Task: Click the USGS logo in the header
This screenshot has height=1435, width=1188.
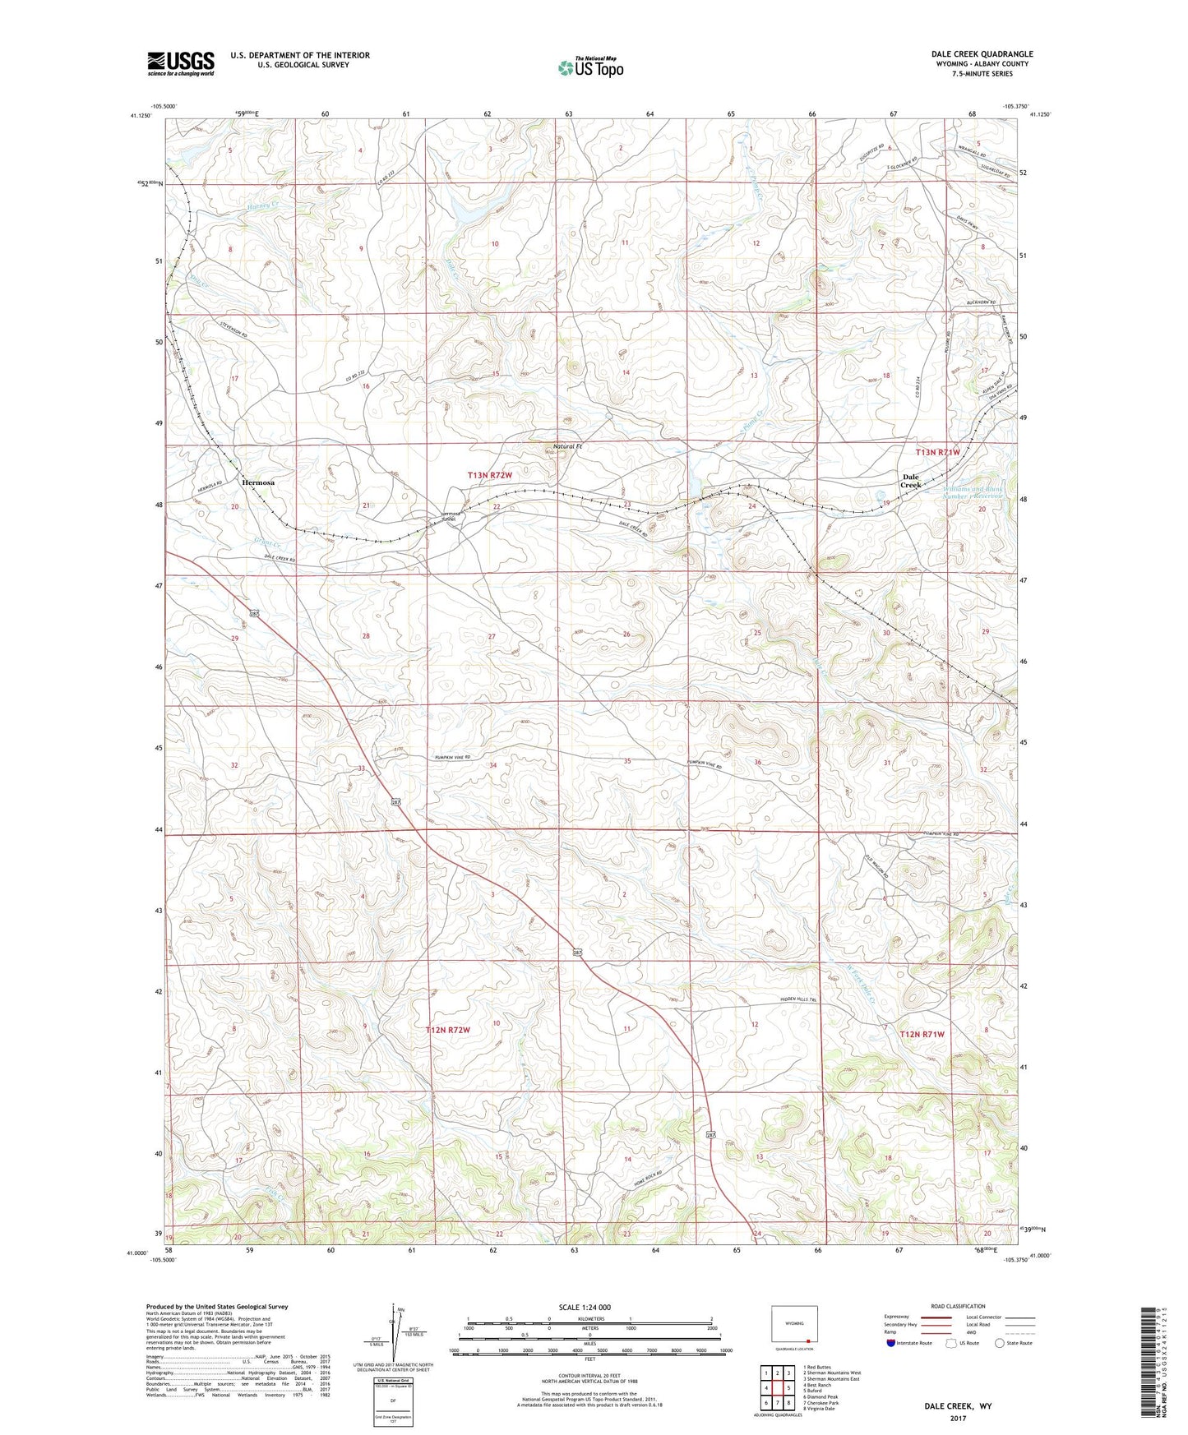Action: click(181, 63)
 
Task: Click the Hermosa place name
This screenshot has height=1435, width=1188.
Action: click(258, 482)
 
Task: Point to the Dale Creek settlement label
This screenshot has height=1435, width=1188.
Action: click(911, 481)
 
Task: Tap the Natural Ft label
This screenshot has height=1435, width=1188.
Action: click(566, 446)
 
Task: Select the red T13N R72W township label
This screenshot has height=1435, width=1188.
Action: click(490, 475)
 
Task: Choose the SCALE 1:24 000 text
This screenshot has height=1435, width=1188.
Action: click(585, 1307)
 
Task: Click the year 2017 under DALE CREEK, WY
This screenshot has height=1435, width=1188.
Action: click(958, 1419)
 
